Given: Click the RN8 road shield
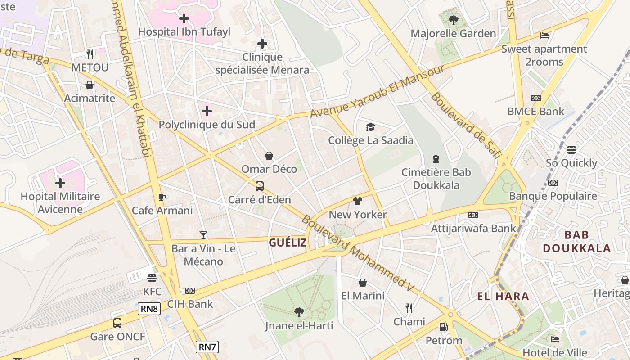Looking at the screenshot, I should (149, 309).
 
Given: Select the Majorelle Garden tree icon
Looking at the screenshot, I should (453, 20).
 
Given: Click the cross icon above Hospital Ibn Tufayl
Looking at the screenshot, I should (184, 18).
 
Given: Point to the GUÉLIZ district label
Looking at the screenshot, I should (288, 243).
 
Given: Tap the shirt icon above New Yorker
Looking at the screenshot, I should (358, 201).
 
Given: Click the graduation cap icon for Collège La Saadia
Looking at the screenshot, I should (370, 127).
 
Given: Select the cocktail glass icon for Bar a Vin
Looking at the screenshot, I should (203, 235).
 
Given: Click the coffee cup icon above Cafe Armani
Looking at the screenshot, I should (162, 197).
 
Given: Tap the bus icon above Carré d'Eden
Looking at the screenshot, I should (259, 186).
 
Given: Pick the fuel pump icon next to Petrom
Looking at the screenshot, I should (443, 327).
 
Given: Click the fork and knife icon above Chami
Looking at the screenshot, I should (409, 308).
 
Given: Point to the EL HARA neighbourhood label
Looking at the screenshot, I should (503, 297).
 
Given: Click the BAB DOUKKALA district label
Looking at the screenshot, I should (576, 242).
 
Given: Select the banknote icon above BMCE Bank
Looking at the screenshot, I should (535, 98).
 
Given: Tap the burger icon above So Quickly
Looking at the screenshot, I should (571, 150).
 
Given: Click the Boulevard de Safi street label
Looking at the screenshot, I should (466, 125).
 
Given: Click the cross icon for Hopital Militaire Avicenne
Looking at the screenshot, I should (60, 183).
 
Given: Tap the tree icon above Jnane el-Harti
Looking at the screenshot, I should (299, 312).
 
